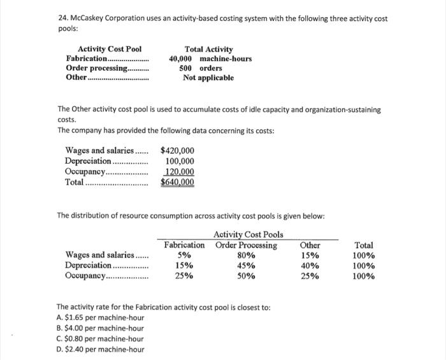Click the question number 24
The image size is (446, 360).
(x=62, y=18)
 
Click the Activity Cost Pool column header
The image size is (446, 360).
(x=110, y=49)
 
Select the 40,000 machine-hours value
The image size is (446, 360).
(x=210, y=59)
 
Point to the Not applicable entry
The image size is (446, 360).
(x=208, y=78)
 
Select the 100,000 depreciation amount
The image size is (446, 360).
(x=180, y=161)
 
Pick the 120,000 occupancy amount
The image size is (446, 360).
(x=180, y=171)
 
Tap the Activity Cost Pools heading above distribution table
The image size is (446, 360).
(x=248, y=235)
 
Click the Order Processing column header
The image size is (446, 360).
(x=246, y=245)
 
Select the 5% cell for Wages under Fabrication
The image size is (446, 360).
(x=183, y=256)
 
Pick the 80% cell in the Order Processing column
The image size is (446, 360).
(x=246, y=256)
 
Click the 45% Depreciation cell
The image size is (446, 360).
(x=246, y=266)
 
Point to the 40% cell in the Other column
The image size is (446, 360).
(x=310, y=266)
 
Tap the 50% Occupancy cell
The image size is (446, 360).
(x=246, y=276)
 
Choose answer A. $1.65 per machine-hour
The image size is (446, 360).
(x=100, y=317)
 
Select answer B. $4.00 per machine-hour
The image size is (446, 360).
(x=100, y=328)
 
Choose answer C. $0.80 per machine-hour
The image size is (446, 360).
(x=100, y=338)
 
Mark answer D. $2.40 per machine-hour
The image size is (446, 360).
(x=100, y=349)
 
